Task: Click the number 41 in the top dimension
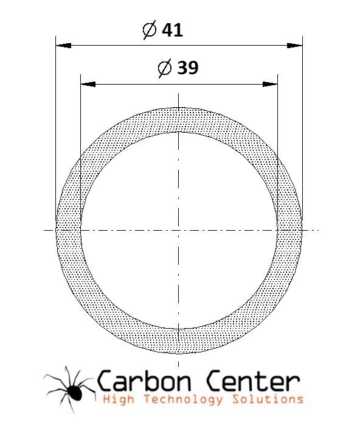click(x=172, y=30)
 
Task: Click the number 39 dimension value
click(x=187, y=68)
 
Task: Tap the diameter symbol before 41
click(x=150, y=30)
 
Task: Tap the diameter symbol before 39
click(x=165, y=68)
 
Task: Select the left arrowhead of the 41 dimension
click(x=63, y=46)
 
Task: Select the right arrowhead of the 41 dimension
click(x=294, y=46)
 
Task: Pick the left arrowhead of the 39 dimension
click(x=88, y=84)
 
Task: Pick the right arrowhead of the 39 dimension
click(x=270, y=84)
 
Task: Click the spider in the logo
click(x=69, y=390)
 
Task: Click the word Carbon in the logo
click(x=144, y=381)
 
